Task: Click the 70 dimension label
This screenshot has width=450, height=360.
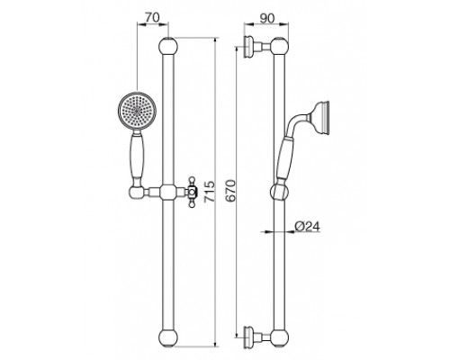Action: tap(152, 18)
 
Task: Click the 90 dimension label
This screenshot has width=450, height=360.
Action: tap(267, 19)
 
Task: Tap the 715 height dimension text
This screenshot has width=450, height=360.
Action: tap(210, 192)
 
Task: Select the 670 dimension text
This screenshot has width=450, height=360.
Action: tap(230, 191)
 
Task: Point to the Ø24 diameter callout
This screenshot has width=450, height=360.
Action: tap(307, 226)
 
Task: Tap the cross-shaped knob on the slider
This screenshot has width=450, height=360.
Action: tap(193, 193)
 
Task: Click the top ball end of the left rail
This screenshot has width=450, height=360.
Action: tap(168, 47)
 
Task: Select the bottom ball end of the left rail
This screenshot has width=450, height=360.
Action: tap(168, 337)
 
